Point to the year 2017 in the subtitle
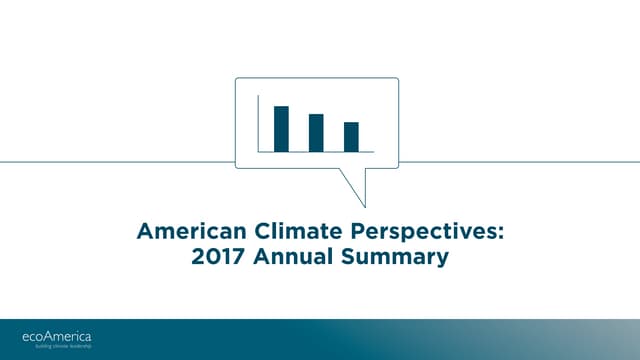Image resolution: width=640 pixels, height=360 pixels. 218,258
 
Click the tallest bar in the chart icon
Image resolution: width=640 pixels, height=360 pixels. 281,128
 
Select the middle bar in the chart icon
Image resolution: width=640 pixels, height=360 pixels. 316,133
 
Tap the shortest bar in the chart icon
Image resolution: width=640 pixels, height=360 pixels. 351,137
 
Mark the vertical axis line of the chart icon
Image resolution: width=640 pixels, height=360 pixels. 258,123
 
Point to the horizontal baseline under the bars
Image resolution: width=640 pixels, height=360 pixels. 316,152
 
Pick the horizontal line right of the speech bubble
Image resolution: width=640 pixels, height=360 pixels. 520,161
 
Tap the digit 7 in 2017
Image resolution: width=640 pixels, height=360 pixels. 238,258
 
